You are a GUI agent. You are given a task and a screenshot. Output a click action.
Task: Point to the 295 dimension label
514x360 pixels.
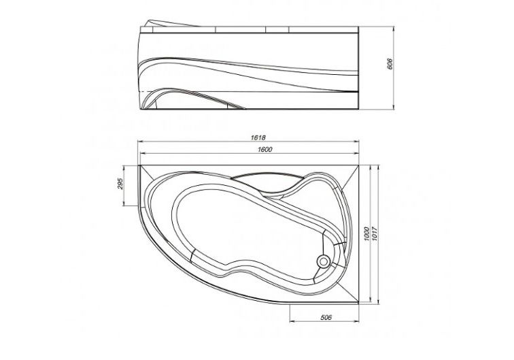119,184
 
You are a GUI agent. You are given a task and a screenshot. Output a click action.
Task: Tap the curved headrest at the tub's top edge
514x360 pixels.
262,178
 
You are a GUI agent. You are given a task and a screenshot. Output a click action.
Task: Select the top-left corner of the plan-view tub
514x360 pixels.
139,163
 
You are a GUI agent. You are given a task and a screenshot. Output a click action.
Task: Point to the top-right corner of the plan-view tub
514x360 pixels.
358,163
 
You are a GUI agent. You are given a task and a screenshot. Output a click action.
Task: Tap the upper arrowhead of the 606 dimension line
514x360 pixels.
396,27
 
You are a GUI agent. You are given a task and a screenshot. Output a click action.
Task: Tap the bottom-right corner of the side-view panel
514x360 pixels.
360,108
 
